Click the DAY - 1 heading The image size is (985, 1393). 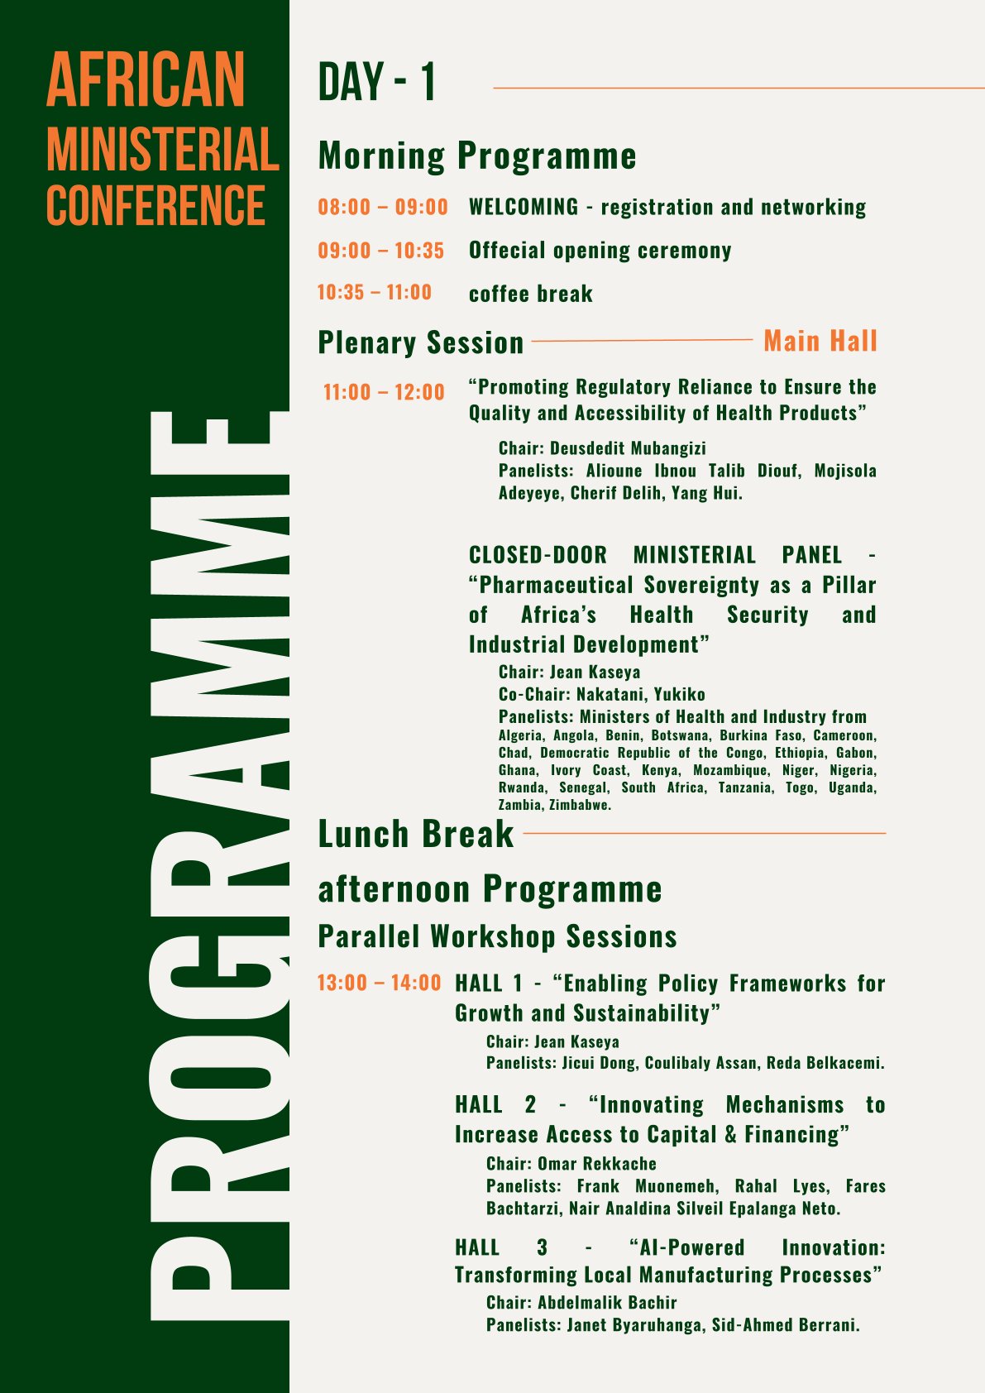click(x=376, y=83)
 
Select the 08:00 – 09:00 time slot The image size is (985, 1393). click(x=383, y=207)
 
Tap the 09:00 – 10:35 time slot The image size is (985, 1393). click(x=381, y=251)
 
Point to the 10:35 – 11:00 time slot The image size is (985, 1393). click(x=375, y=292)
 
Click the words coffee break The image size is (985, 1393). click(x=530, y=294)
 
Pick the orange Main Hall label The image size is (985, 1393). click(x=820, y=341)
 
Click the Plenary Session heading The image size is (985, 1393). click(x=421, y=342)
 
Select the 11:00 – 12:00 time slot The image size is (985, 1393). click(x=384, y=392)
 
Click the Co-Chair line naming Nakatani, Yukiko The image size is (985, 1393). click(x=601, y=694)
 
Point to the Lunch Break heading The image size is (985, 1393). click(x=416, y=834)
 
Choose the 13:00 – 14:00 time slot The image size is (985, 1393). click(x=380, y=983)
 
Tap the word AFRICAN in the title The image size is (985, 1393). click(x=146, y=79)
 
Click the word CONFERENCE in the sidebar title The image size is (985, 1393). click(x=155, y=205)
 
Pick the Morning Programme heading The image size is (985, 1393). click(x=477, y=156)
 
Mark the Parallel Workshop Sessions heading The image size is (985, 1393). click(x=497, y=936)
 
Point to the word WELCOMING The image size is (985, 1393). click(x=524, y=207)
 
